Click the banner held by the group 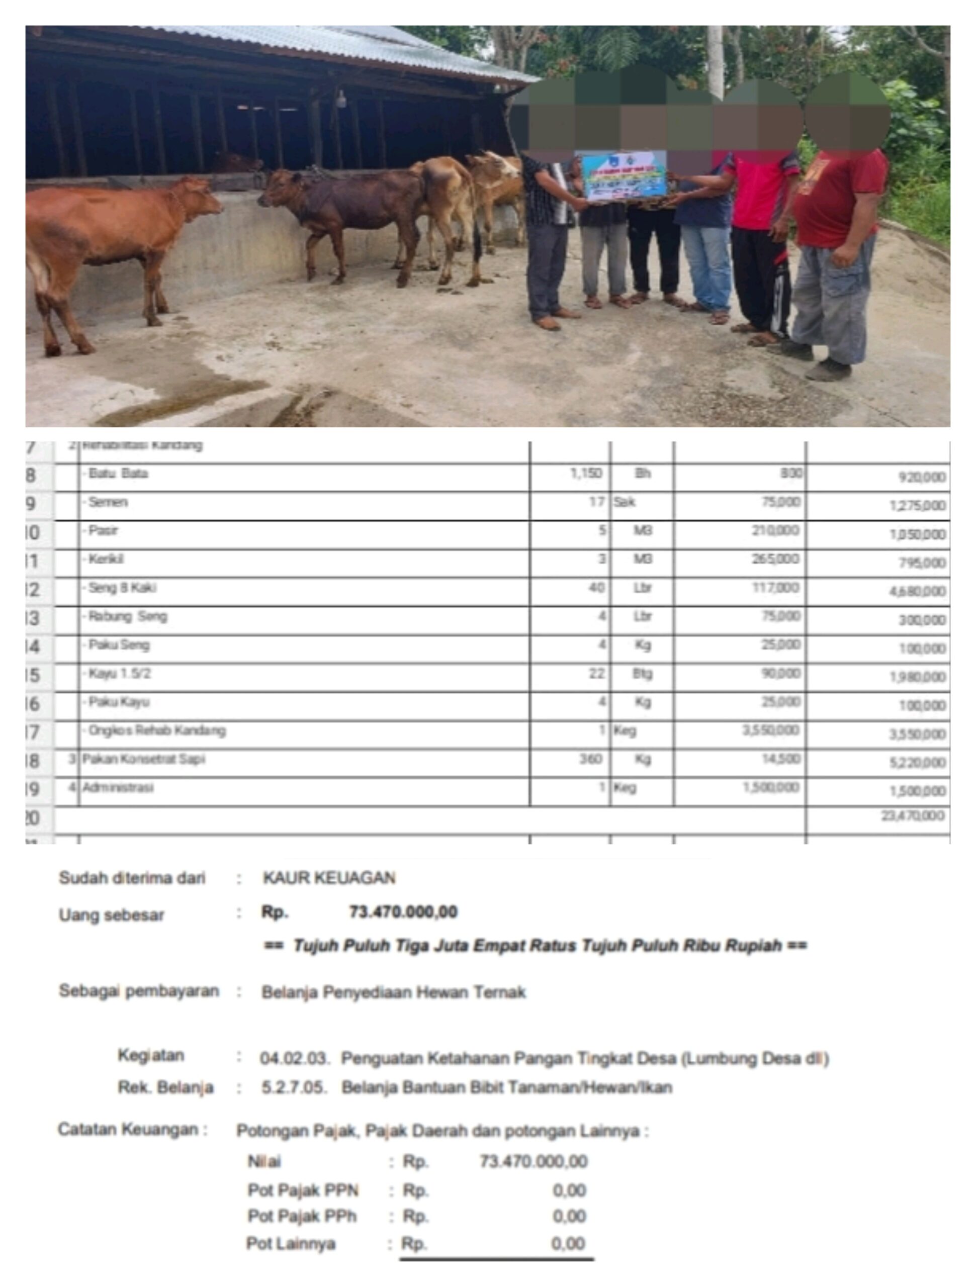(x=624, y=176)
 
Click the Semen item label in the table (x=108, y=502)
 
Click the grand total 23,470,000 (x=912, y=816)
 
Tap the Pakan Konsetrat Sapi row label (x=143, y=759)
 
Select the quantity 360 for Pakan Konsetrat (x=590, y=759)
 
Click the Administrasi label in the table (x=118, y=788)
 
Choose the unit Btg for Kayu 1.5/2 (x=642, y=674)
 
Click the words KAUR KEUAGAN (x=329, y=877)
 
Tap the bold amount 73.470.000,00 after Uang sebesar (x=403, y=912)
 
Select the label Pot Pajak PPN (x=303, y=1190)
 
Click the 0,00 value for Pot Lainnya (x=568, y=1243)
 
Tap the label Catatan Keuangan (x=132, y=1130)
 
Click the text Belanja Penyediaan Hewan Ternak (x=393, y=992)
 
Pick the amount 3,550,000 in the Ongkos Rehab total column (x=917, y=734)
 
